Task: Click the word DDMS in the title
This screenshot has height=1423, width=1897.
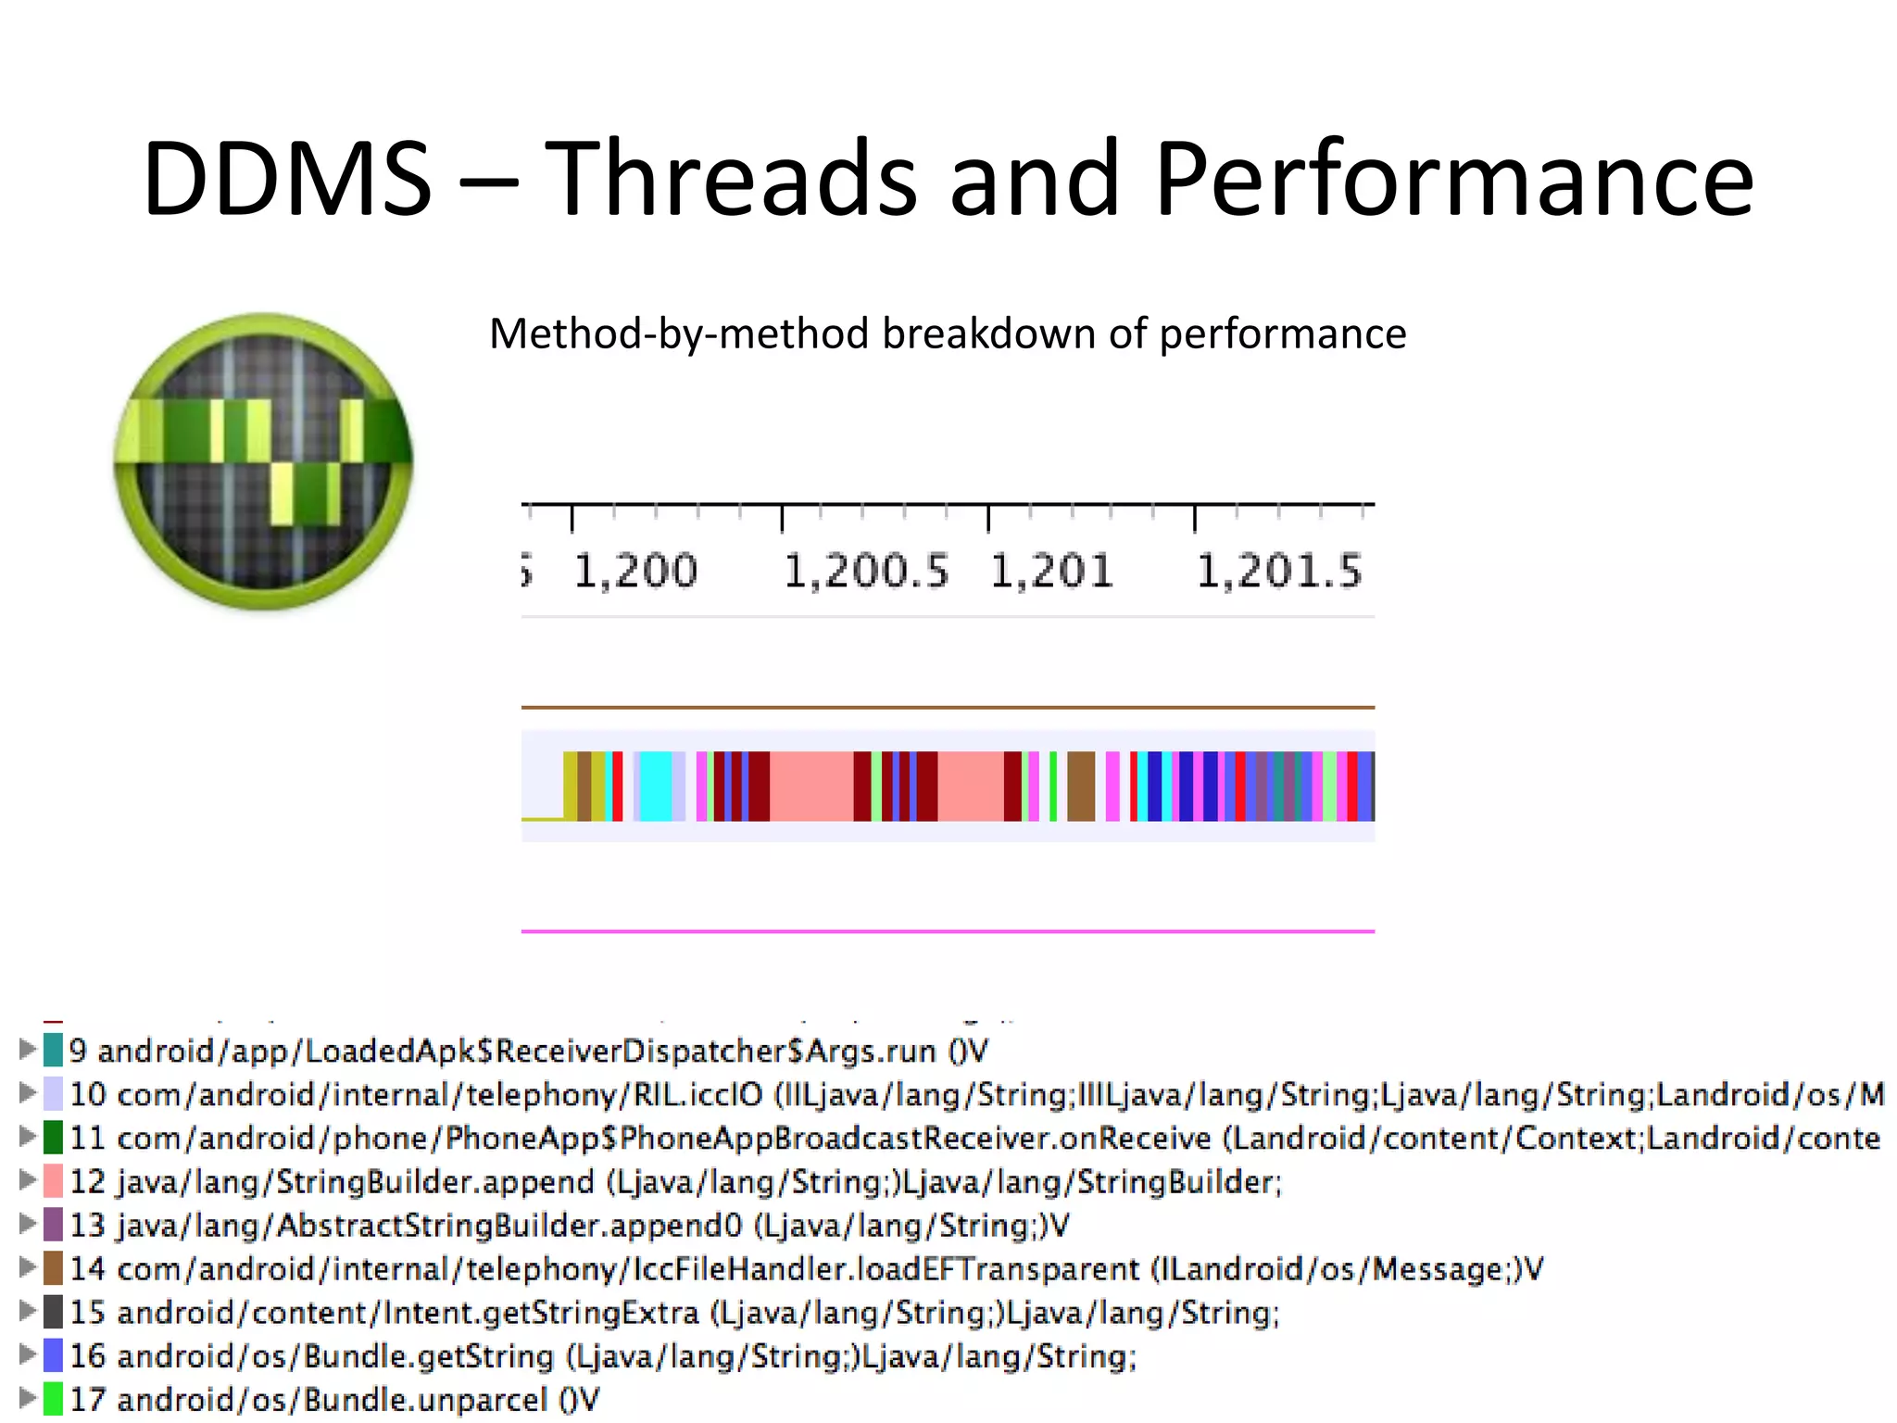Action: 287,178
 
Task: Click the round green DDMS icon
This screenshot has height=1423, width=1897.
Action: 263,460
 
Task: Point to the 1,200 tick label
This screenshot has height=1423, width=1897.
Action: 635,571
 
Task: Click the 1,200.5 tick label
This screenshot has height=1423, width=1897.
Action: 866,571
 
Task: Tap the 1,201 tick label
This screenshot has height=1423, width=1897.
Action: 1051,571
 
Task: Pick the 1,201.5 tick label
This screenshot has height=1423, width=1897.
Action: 1279,571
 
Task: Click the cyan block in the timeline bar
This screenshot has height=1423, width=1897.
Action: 655,786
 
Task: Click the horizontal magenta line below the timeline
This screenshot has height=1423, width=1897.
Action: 948,931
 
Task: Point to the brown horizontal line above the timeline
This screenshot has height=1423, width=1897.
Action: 948,707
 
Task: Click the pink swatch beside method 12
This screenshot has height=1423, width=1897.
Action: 53,1181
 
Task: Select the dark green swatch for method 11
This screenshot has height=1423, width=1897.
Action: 53,1138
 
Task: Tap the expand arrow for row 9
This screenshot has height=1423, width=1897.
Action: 27,1050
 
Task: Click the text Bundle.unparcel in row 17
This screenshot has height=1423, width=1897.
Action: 425,1400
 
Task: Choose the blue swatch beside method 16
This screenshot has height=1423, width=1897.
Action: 53,1355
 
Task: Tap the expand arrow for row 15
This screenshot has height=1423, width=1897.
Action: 27,1311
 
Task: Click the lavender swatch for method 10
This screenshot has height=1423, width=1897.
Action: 53,1094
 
